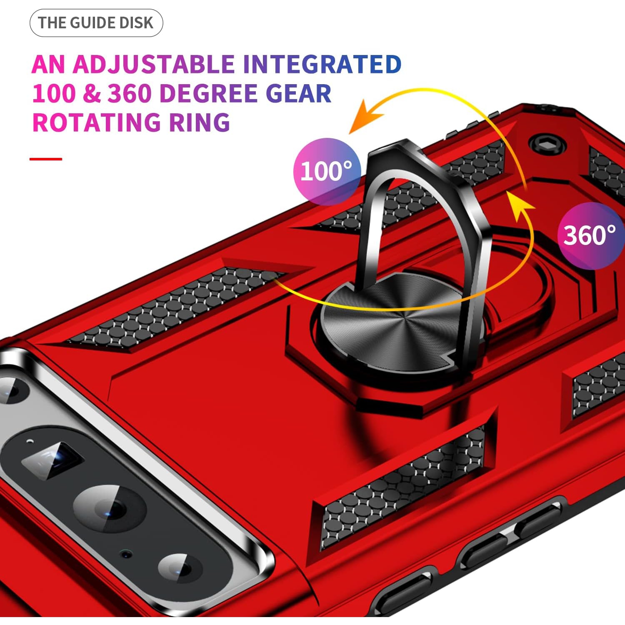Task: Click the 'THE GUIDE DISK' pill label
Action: [x=96, y=23]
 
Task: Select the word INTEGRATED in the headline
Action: [x=322, y=65]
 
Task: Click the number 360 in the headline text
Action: [x=130, y=94]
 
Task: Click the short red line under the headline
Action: [x=46, y=159]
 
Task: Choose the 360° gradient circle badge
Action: [x=590, y=235]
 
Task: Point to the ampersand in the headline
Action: [x=92, y=94]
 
